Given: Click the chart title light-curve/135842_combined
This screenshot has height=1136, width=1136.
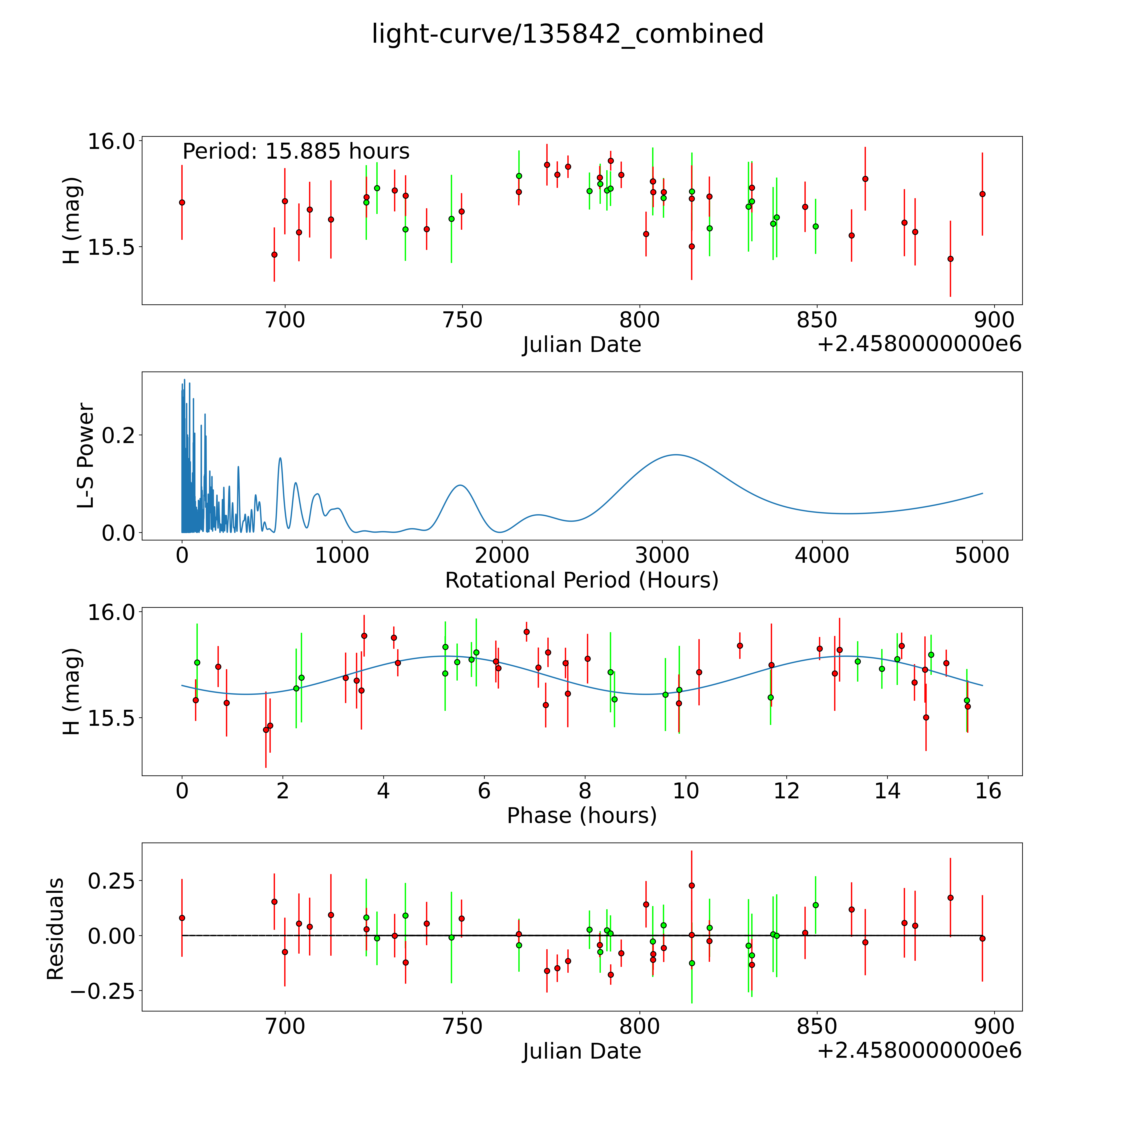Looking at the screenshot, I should click(567, 34).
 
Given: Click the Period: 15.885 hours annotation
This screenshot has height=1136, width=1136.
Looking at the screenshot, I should click(296, 152).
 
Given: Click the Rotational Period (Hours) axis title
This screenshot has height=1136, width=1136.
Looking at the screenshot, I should click(581, 580).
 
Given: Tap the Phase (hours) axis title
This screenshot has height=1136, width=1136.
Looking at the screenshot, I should click(581, 816).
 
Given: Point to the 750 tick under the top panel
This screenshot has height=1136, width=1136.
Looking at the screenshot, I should click(462, 320).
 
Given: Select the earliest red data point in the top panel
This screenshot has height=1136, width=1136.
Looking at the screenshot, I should click(182, 202).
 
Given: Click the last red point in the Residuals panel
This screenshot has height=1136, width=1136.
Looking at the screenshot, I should click(982, 938).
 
